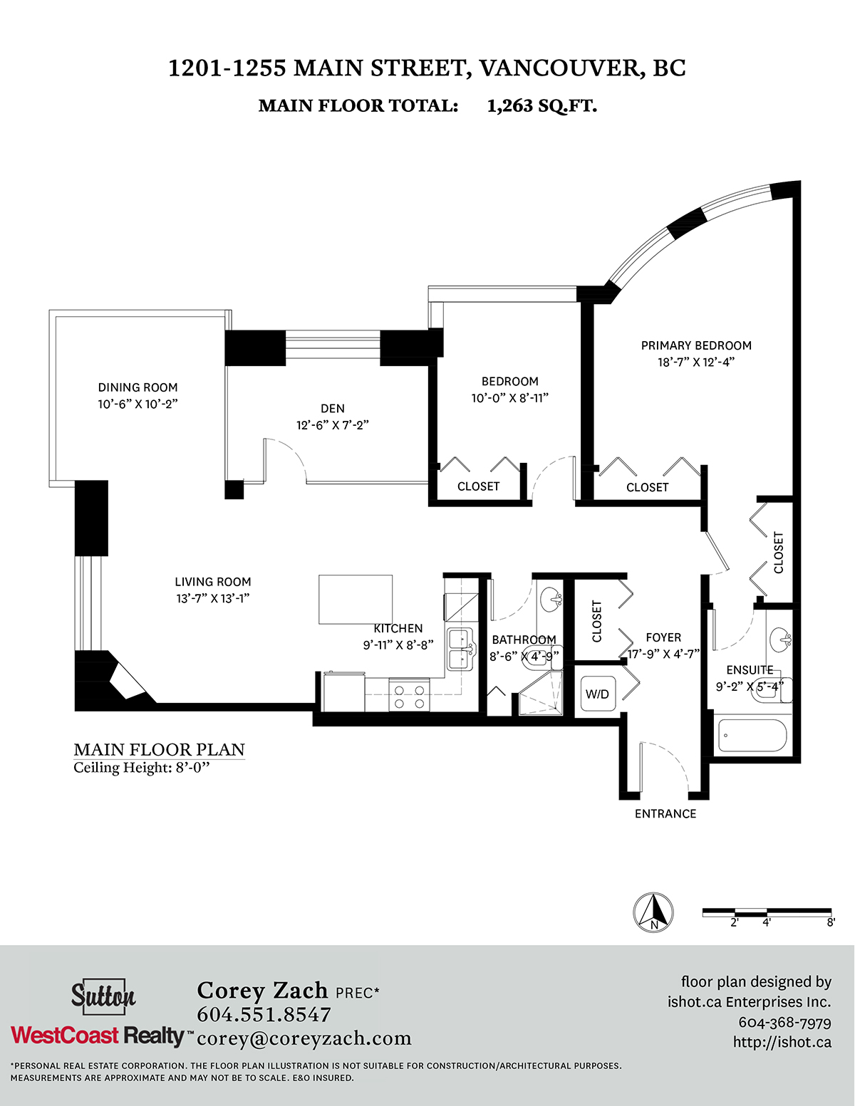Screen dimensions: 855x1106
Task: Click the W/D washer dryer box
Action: pos(597,694)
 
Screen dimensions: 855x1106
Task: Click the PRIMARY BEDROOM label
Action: pos(696,345)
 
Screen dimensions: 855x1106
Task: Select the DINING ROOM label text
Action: pos(138,387)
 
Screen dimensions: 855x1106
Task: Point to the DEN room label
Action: pos(333,408)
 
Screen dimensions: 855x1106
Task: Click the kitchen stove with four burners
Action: pos(410,697)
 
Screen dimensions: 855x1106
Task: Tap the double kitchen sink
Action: pos(461,649)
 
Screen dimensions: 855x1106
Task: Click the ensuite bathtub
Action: pos(752,735)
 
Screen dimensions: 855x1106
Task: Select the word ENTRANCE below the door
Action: pos(665,814)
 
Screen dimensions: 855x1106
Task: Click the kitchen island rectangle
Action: pos(356,599)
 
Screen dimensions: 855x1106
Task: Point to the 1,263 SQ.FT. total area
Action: pos(541,105)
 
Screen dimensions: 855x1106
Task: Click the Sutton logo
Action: pos(103,994)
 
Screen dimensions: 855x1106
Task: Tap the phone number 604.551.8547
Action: pos(264,1014)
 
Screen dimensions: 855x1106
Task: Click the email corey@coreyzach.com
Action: pos(304,1039)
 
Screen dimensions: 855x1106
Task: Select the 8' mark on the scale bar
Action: pos(831,922)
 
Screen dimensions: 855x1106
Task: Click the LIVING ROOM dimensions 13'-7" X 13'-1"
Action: pos(213,598)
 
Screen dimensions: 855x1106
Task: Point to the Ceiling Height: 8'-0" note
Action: pos(142,768)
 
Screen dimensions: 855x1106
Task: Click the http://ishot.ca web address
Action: pos(782,1043)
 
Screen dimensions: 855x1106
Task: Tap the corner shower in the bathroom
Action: pos(541,693)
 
